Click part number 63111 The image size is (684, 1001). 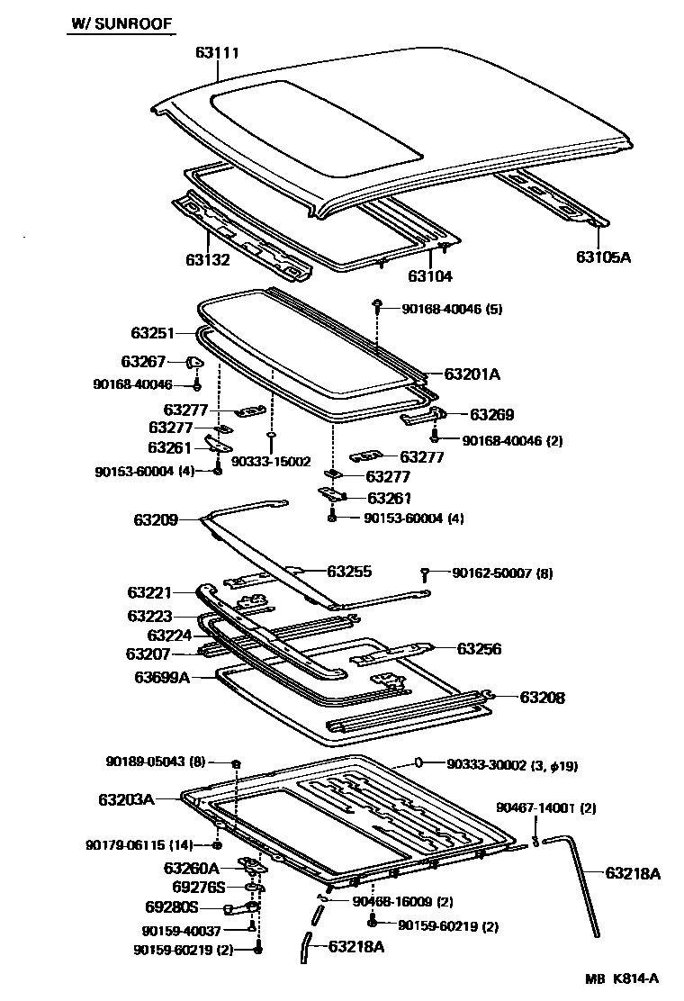coord(217,52)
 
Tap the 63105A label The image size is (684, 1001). coord(604,257)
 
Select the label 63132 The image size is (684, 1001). coord(209,259)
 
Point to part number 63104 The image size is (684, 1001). coord(430,276)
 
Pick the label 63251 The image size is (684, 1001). coord(152,333)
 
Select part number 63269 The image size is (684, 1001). coord(491,415)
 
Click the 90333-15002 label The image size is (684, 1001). coord(270,462)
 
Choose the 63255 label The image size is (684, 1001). coord(349,571)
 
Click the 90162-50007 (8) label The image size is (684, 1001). coord(502,573)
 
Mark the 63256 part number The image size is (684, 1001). coord(479,648)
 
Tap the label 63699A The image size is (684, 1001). coord(162,677)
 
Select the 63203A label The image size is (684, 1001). coord(127,798)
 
